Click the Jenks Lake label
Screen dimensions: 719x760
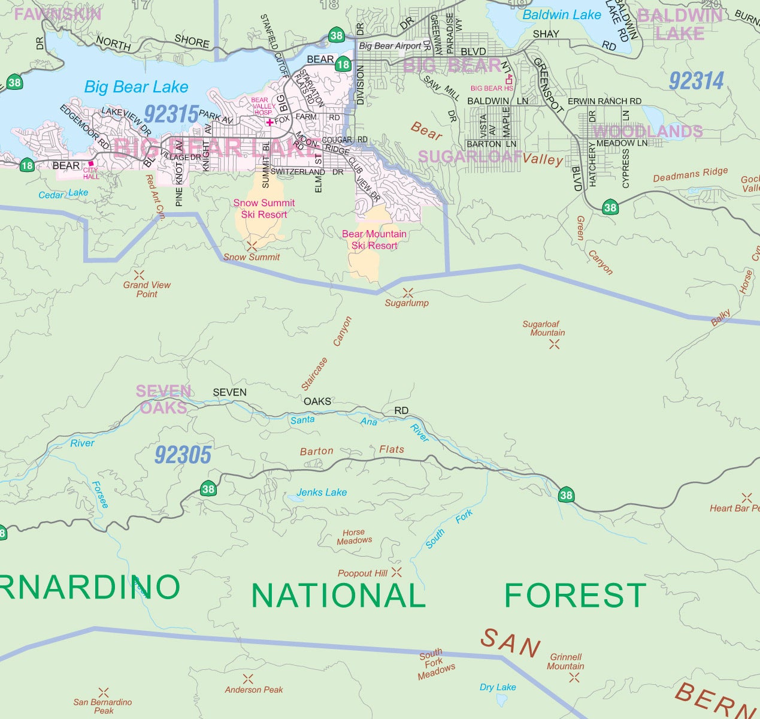coord(322,493)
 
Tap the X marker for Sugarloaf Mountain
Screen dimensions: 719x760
coord(555,344)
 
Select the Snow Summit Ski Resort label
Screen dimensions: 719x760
coord(264,209)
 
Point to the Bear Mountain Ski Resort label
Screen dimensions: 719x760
coord(374,240)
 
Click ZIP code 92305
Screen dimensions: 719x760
coord(183,455)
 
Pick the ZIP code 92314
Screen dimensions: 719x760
coord(697,81)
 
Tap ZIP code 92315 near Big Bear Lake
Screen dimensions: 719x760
coord(171,114)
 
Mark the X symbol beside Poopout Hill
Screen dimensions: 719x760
coord(396,572)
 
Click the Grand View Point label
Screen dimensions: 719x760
coord(147,289)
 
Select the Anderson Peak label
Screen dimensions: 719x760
coord(254,690)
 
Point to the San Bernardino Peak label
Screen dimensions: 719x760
coord(103,706)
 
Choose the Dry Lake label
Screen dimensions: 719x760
coord(498,687)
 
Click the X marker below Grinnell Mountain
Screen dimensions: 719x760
coord(574,678)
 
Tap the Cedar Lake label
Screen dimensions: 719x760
coord(63,194)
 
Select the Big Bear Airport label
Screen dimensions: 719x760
coord(390,46)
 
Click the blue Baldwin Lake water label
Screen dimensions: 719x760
coord(561,15)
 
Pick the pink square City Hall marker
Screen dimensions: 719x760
coord(91,163)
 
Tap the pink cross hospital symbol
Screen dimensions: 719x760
coord(270,122)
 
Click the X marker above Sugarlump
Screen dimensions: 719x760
coord(408,293)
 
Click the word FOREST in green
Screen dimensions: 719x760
coord(575,596)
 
